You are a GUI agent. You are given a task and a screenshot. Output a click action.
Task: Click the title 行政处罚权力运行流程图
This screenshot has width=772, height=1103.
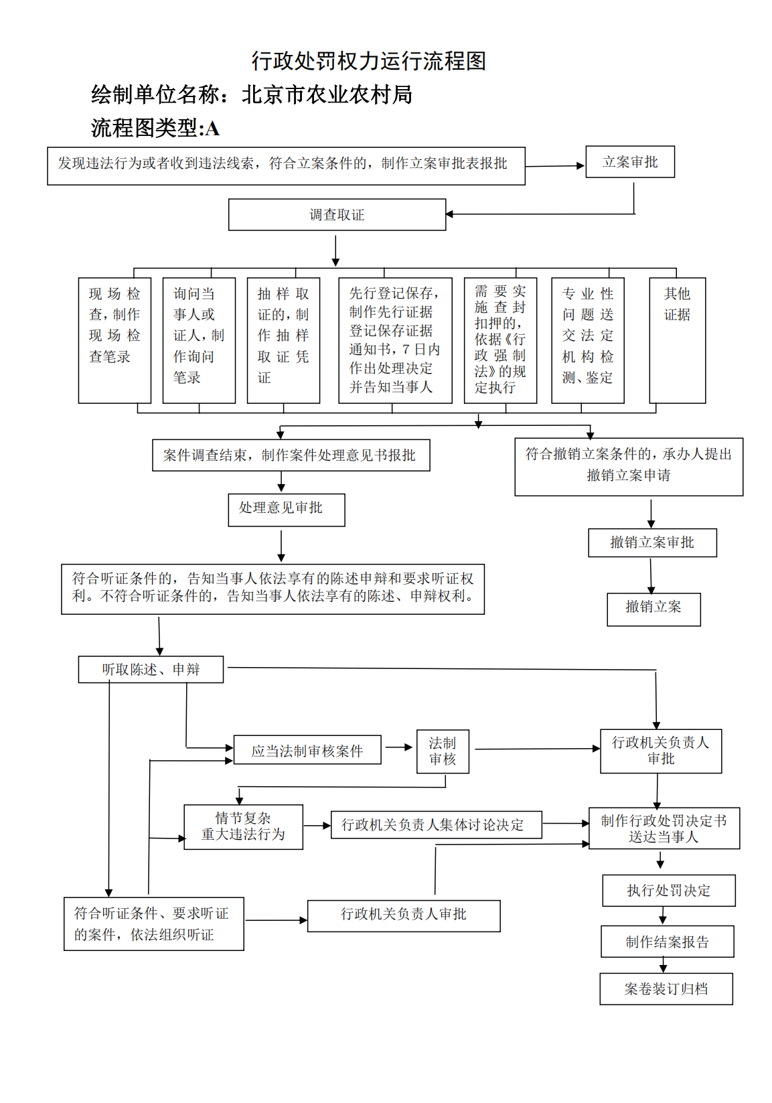pyautogui.click(x=368, y=61)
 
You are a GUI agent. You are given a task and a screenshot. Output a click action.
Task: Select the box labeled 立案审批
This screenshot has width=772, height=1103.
pyautogui.click(x=629, y=162)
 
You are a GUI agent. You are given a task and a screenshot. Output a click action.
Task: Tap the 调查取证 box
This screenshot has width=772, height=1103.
pyautogui.click(x=337, y=215)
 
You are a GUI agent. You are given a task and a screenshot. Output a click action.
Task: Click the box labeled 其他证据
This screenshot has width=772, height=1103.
pyautogui.click(x=677, y=340)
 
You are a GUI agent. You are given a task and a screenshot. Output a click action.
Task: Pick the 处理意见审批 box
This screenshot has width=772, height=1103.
pyautogui.click(x=286, y=510)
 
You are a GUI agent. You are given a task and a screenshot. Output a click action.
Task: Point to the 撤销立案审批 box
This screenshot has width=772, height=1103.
pyautogui.click(x=652, y=542)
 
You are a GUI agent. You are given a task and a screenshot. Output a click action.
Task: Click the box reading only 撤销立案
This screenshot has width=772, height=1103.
pyautogui.click(x=653, y=609)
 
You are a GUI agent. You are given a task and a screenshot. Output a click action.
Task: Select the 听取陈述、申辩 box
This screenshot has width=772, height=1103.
pyautogui.click(x=151, y=669)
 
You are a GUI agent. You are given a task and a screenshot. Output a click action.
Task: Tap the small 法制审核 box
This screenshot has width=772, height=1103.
pyautogui.click(x=443, y=751)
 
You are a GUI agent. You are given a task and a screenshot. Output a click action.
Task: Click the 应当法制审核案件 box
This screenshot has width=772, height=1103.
pyautogui.click(x=307, y=750)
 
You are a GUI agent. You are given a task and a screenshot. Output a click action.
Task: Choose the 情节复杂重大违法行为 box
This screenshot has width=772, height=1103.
pyautogui.click(x=243, y=827)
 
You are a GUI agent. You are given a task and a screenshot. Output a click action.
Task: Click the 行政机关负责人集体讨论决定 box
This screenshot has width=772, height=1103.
pyautogui.click(x=436, y=825)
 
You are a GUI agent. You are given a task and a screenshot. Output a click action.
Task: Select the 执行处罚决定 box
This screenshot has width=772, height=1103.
pyautogui.click(x=668, y=891)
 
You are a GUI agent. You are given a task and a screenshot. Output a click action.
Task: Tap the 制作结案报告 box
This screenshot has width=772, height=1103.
pyautogui.click(x=667, y=942)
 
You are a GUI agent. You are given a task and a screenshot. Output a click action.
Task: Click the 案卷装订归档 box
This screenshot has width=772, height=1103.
pyautogui.click(x=666, y=989)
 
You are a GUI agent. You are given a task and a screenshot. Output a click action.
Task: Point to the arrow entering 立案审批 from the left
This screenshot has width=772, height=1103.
pyautogui.click(x=556, y=165)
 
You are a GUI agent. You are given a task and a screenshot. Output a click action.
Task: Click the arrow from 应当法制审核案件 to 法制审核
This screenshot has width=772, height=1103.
pyautogui.click(x=398, y=747)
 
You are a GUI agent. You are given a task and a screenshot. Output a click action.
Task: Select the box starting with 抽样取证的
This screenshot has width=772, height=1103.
pyautogui.click(x=283, y=340)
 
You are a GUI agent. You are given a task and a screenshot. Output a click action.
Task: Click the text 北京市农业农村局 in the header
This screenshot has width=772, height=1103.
pyautogui.click(x=327, y=95)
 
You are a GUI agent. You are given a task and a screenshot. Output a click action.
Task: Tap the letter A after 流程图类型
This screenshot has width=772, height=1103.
pyautogui.click(x=212, y=129)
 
